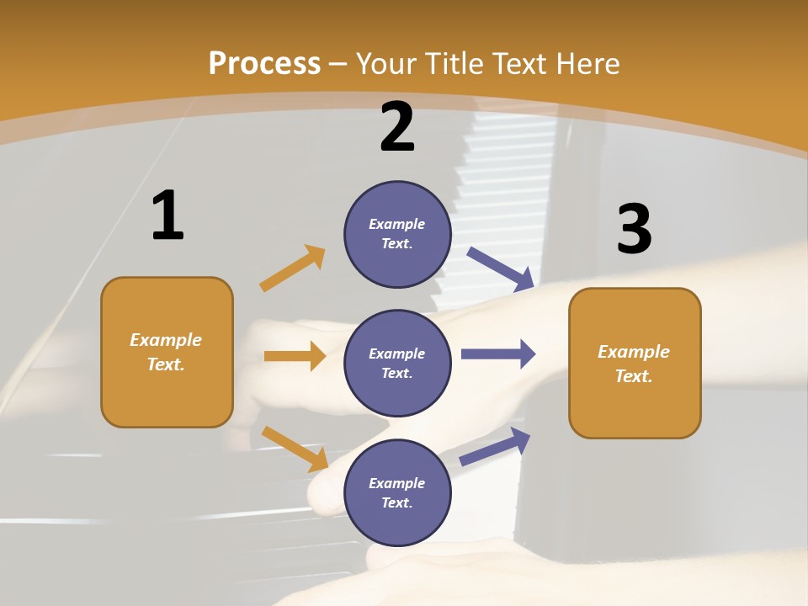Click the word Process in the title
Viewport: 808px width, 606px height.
[264, 64]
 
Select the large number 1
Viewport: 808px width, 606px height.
[167, 216]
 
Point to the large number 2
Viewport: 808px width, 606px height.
[397, 127]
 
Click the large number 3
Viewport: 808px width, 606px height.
[634, 230]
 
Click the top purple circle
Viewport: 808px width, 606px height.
[397, 234]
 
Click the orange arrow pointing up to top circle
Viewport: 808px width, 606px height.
[293, 268]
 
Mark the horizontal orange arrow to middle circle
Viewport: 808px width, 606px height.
[295, 356]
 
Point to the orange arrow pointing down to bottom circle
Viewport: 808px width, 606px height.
[295, 449]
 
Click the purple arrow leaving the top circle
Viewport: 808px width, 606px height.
[501, 268]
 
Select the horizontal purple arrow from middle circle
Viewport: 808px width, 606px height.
[498, 353]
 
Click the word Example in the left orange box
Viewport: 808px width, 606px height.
[166, 340]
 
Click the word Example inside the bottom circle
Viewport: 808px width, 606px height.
[397, 483]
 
